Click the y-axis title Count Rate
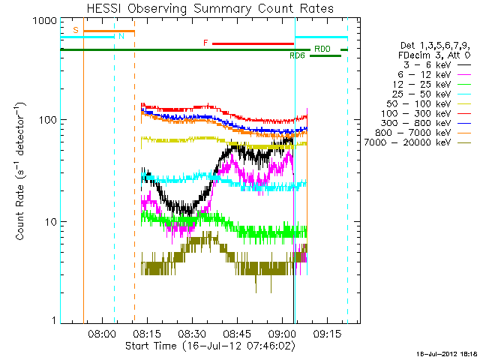(22, 173)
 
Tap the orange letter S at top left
(75, 31)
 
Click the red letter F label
(205, 43)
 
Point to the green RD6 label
(298, 55)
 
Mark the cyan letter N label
(121, 36)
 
